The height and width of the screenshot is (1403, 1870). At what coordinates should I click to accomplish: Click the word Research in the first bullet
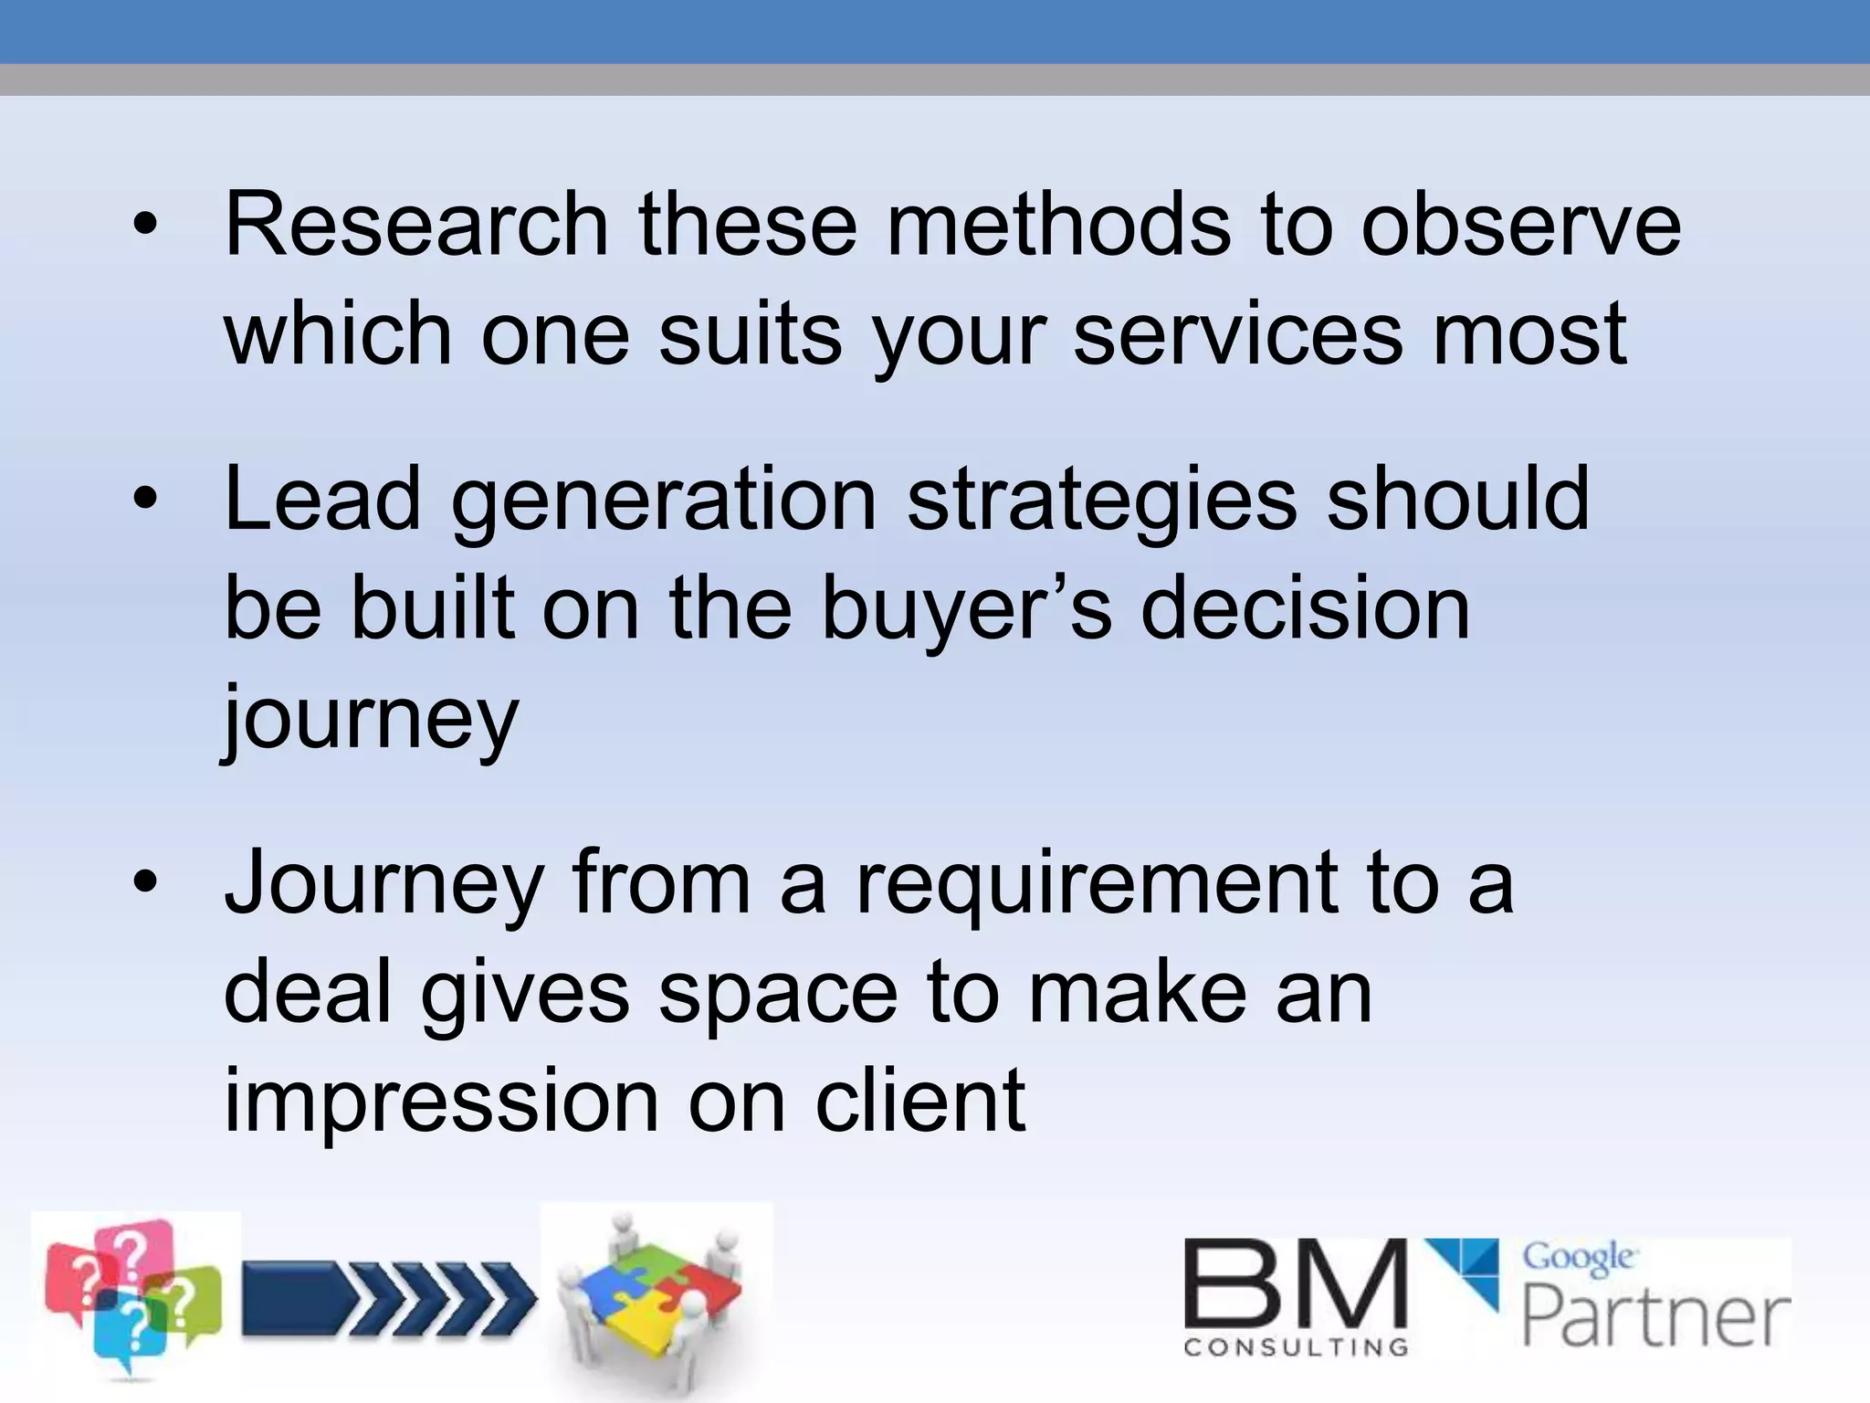tap(415, 225)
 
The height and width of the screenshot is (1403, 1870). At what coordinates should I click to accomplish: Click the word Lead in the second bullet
tap(321, 499)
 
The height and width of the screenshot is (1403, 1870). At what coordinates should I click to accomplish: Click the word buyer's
tap(966, 608)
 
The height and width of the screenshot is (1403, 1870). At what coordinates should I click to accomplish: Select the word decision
tap(1306, 608)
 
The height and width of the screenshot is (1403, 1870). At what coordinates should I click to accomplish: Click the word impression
tap(441, 1101)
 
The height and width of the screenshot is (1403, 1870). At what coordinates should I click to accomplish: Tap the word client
tap(919, 1101)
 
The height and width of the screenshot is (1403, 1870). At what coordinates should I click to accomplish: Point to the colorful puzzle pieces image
tap(656, 1297)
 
